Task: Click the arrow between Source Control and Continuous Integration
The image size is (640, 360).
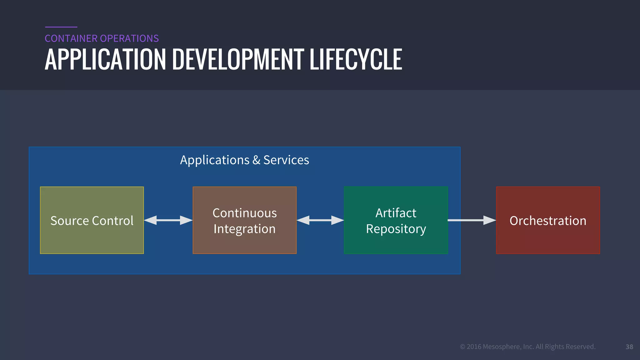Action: coord(168,220)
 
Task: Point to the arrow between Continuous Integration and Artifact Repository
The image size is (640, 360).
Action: coord(320,220)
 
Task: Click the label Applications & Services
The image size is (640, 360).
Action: coord(244,160)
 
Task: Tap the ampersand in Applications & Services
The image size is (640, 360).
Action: coord(256,160)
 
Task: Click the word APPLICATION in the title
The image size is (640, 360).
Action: coord(105,59)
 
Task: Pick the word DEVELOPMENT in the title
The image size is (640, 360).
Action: coord(238,59)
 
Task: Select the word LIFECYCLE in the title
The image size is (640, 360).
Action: coord(356,59)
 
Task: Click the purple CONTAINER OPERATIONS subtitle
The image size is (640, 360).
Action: coord(102,38)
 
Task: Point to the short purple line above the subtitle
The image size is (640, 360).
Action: coord(61,27)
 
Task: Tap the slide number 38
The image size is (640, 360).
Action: coord(629,347)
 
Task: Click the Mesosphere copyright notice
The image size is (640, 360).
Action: coord(527,347)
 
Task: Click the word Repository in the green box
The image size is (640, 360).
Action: coord(396,229)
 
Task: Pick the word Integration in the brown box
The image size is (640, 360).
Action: coord(244,229)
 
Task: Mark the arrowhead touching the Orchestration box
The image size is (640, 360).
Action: coord(489,220)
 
